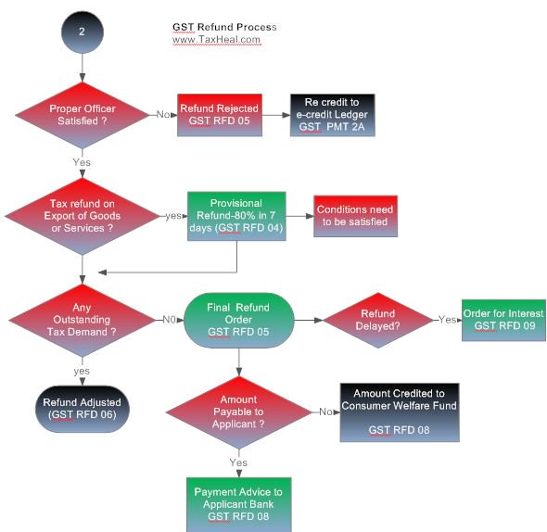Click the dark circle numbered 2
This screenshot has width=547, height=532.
[x=83, y=30]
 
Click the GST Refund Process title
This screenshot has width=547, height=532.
[x=224, y=27]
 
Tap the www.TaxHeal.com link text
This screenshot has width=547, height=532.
[x=217, y=41]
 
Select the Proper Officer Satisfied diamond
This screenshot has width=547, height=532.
[x=83, y=116]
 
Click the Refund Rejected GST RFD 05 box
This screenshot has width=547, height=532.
[x=219, y=114]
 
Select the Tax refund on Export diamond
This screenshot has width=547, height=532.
[x=83, y=216]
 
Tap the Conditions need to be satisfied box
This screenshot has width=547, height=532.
[x=355, y=216]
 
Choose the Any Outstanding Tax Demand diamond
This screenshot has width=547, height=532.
[x=83, y=320]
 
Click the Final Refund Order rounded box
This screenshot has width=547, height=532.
[x=239, y=320]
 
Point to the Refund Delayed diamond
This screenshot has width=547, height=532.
[x=378, y=320]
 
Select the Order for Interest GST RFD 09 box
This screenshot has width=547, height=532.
[x=503, y=320]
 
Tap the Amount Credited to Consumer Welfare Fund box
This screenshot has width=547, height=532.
[x=399, y=412]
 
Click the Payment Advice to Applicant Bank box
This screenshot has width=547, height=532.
[x=239, y=503]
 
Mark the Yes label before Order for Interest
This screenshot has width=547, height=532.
[x=448, y=319]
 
